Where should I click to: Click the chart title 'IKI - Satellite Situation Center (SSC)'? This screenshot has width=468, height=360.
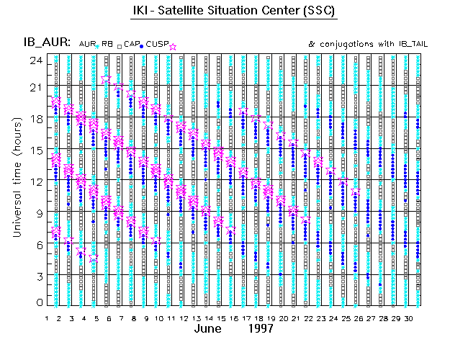pyautogui.click(x=233, y=12)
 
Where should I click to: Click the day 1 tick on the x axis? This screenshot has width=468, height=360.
pyautogui.click(x=47, y=318)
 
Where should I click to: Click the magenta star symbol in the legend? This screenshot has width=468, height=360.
pyautogui.click(x=173, y=46)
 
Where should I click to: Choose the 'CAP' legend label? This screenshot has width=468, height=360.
pyautogui.click(x=131, y=44)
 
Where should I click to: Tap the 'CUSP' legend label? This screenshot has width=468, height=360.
pyautogui.click(x=157, y=44)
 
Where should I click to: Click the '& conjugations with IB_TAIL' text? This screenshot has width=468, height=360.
pyautogui.click(x=367, y=44)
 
